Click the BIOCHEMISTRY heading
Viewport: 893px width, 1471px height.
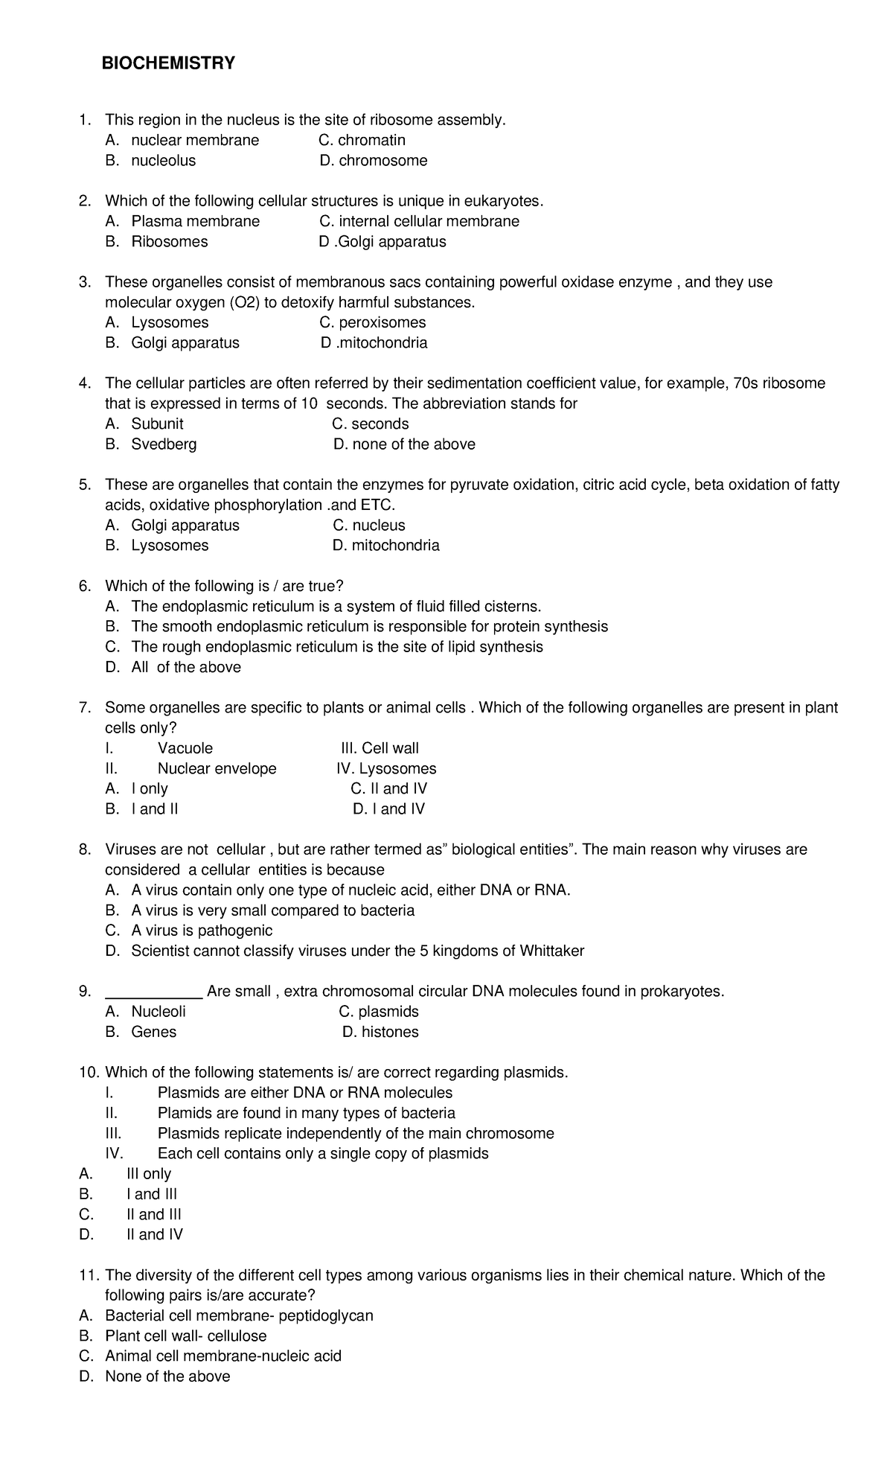pyautogui.click(x=168, y=64)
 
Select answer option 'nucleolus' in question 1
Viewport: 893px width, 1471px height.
pyautogui.click(x=163, y=161)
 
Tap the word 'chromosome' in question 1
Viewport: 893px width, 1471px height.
pyautogui.click(x=383, y=161)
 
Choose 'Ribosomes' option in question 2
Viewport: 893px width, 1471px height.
pyautogui.click(x=169, y=242)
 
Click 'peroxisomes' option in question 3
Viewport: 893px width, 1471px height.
pyautogui.click(x=382, y=322)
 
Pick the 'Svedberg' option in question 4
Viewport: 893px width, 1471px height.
pyautogui.click(x=164, y=444)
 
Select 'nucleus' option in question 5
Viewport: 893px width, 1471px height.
pyautogui.click(x=379, y=526)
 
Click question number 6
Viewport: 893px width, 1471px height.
pyautogui.click(x=85, y=587)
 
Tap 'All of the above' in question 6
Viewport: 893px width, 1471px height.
pyautogui.click(x=186, y=668)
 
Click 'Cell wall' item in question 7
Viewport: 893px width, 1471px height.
pyautogui.click(x=390, y=748)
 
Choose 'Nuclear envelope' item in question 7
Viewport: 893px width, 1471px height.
pyautogui.click(x=217, y=769)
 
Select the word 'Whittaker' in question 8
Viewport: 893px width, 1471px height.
pyautogui.click(x=551, y=951)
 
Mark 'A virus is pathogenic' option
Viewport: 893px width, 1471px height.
pyautogui.click(x=202, y=931)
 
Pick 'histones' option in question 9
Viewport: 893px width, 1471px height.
pyautogui.click(x=390, y=1033)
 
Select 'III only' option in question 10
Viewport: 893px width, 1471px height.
pyautogui.click(x=149, y=1174)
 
